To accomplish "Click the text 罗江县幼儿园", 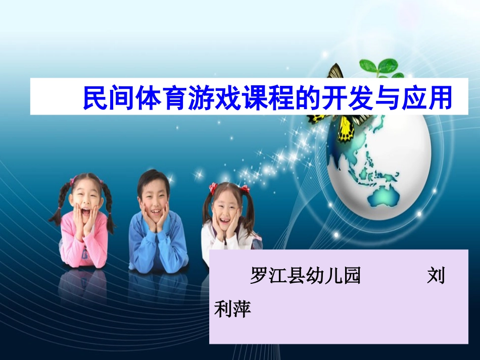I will point(305,277).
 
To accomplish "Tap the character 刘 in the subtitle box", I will point(436,277).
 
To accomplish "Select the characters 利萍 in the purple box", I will point(233,308).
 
